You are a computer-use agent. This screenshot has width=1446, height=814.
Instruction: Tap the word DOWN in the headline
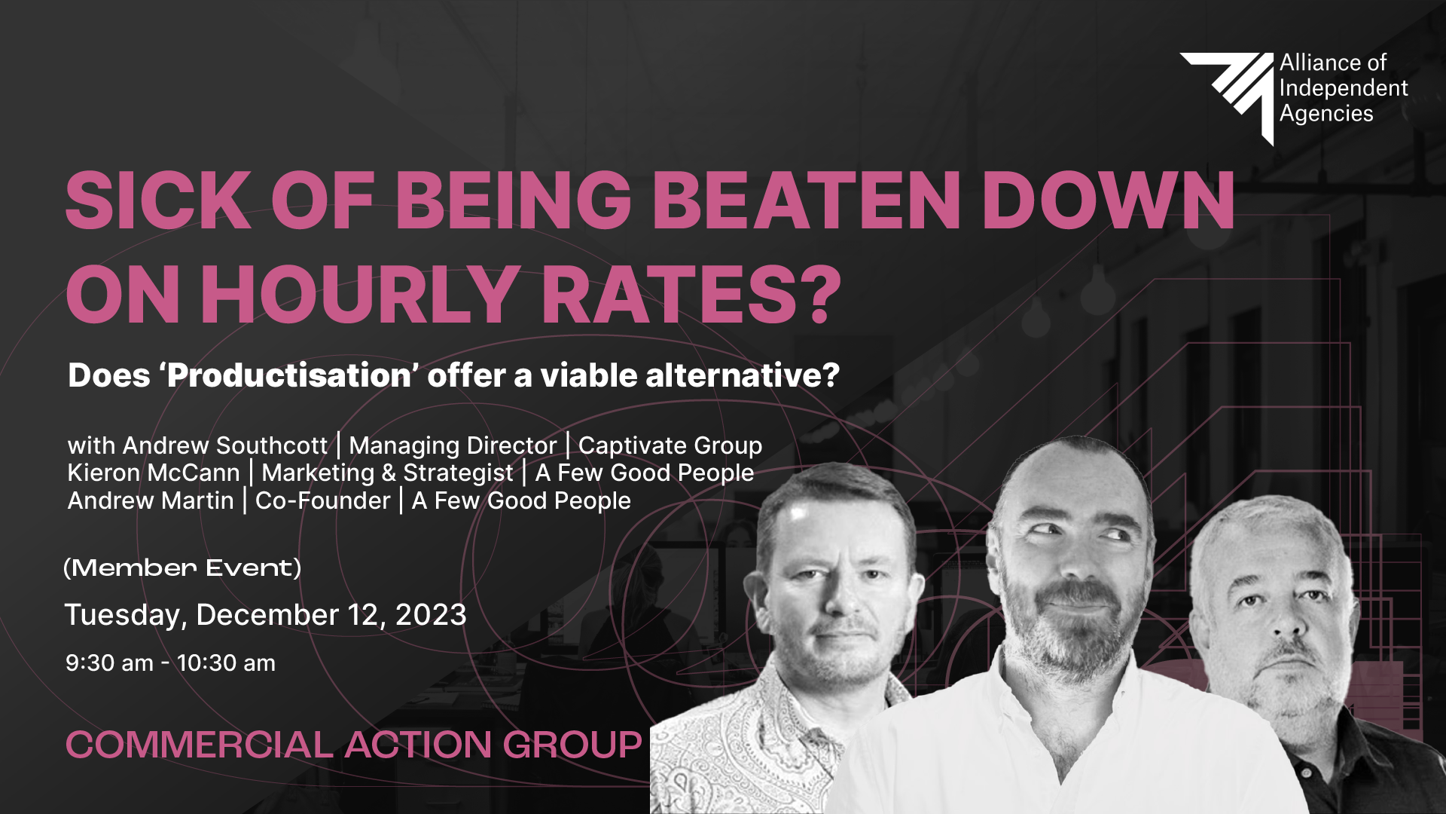(x=1108, y=200)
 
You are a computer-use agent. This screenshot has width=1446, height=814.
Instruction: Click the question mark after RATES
(x=820, y=293)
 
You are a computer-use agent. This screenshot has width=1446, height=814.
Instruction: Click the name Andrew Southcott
(x=225, y=445)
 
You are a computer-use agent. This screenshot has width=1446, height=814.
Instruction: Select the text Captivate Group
(x=670, y=445)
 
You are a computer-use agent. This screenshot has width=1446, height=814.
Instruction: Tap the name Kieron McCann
(x=154, y=473)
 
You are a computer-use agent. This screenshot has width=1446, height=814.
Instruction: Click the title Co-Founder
(x=322, y=500)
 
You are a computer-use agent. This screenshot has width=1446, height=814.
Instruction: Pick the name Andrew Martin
(x=151, y=500)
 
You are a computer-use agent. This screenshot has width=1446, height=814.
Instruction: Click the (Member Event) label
(x=182, y=568)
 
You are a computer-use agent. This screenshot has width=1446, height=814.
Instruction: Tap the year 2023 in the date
(x=431, y=615)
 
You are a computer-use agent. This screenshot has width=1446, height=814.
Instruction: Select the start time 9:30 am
(x=109, y=663)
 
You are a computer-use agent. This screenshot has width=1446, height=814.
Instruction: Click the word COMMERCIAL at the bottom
(x=200, y=745)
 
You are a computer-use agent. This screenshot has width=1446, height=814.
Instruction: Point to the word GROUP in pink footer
(x=572, y=745)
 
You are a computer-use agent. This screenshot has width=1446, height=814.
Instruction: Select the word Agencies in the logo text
(x=1326, y=114)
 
